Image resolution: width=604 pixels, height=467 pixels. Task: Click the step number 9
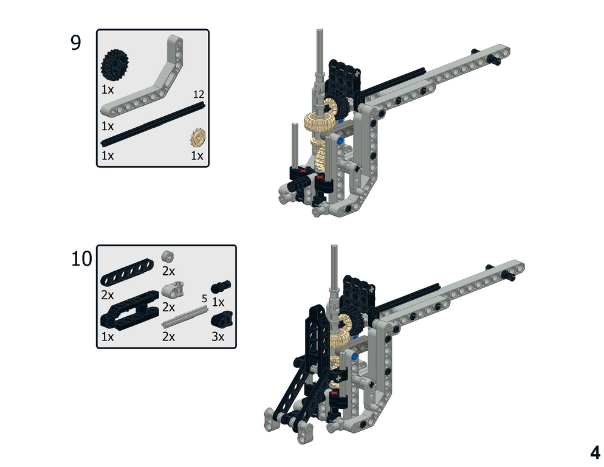point(76,43)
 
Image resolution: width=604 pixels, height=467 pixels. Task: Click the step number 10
point(81,258)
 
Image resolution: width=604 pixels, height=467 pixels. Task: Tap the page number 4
point(595,452)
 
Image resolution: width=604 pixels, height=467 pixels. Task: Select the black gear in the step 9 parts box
point(114,65)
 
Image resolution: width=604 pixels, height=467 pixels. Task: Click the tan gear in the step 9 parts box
point(197,137)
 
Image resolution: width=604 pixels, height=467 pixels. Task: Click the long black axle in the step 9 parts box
point(153,124)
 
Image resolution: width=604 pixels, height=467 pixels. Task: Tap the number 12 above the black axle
point(199,94)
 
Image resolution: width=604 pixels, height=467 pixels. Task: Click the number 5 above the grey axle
point(205,299)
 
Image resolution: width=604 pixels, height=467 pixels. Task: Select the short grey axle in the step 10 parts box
point(185,316)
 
